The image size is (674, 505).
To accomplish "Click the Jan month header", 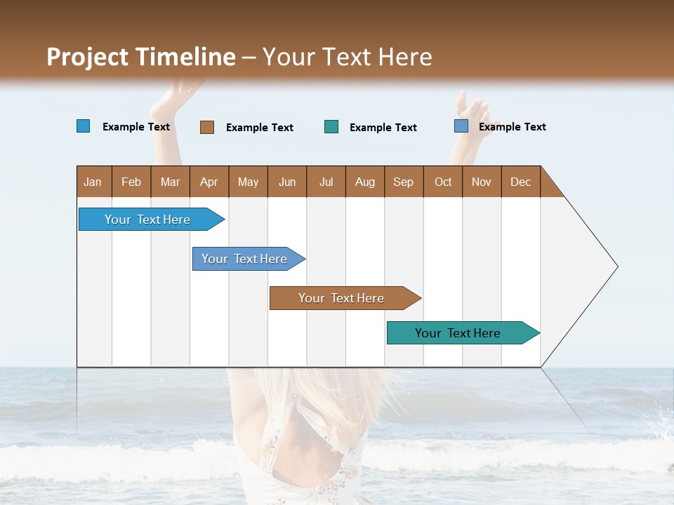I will coord(93,182).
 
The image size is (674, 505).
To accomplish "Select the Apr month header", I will coord(209,182).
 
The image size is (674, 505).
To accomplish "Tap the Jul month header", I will coord(326,182).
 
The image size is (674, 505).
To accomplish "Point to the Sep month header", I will coord(403,182).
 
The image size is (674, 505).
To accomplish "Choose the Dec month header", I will coord(520,182).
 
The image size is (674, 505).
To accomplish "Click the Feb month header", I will coord(131,182).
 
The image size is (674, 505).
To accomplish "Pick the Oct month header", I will coord(443,182).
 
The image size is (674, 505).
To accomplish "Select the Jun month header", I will coord(287,182).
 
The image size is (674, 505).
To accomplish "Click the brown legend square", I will coord(207,127).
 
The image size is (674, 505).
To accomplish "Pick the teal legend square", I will coord(331,127).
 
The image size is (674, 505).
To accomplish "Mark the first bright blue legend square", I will coord(84,126).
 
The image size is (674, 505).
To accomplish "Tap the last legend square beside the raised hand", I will coord(461,126).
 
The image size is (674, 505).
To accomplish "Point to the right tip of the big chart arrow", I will coord(616,267).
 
